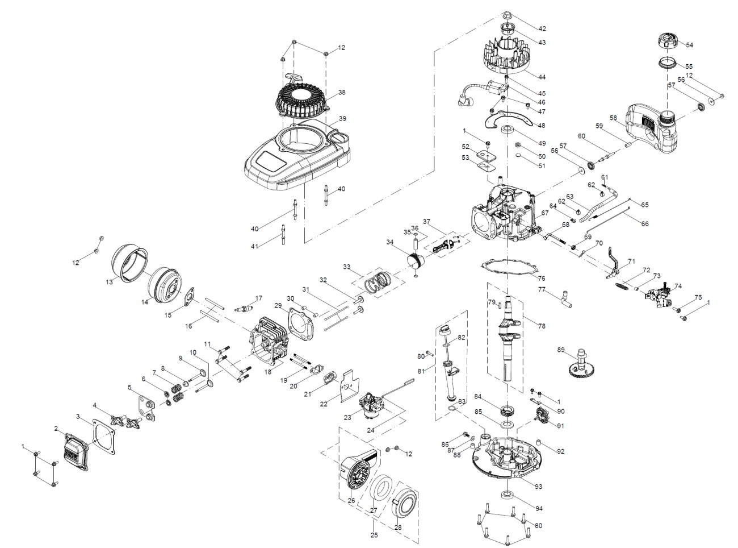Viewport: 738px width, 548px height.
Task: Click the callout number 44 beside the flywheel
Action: (x=542, y=76)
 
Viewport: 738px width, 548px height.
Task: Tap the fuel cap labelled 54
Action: (x=666, y=41)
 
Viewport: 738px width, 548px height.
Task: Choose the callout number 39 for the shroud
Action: (x=342, y=118)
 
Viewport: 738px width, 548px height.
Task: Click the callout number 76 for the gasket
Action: (x=542, y=279)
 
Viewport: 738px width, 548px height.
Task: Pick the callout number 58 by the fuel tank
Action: (x=613, y=118)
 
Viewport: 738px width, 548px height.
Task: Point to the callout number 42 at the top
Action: (x=542, y=28)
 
